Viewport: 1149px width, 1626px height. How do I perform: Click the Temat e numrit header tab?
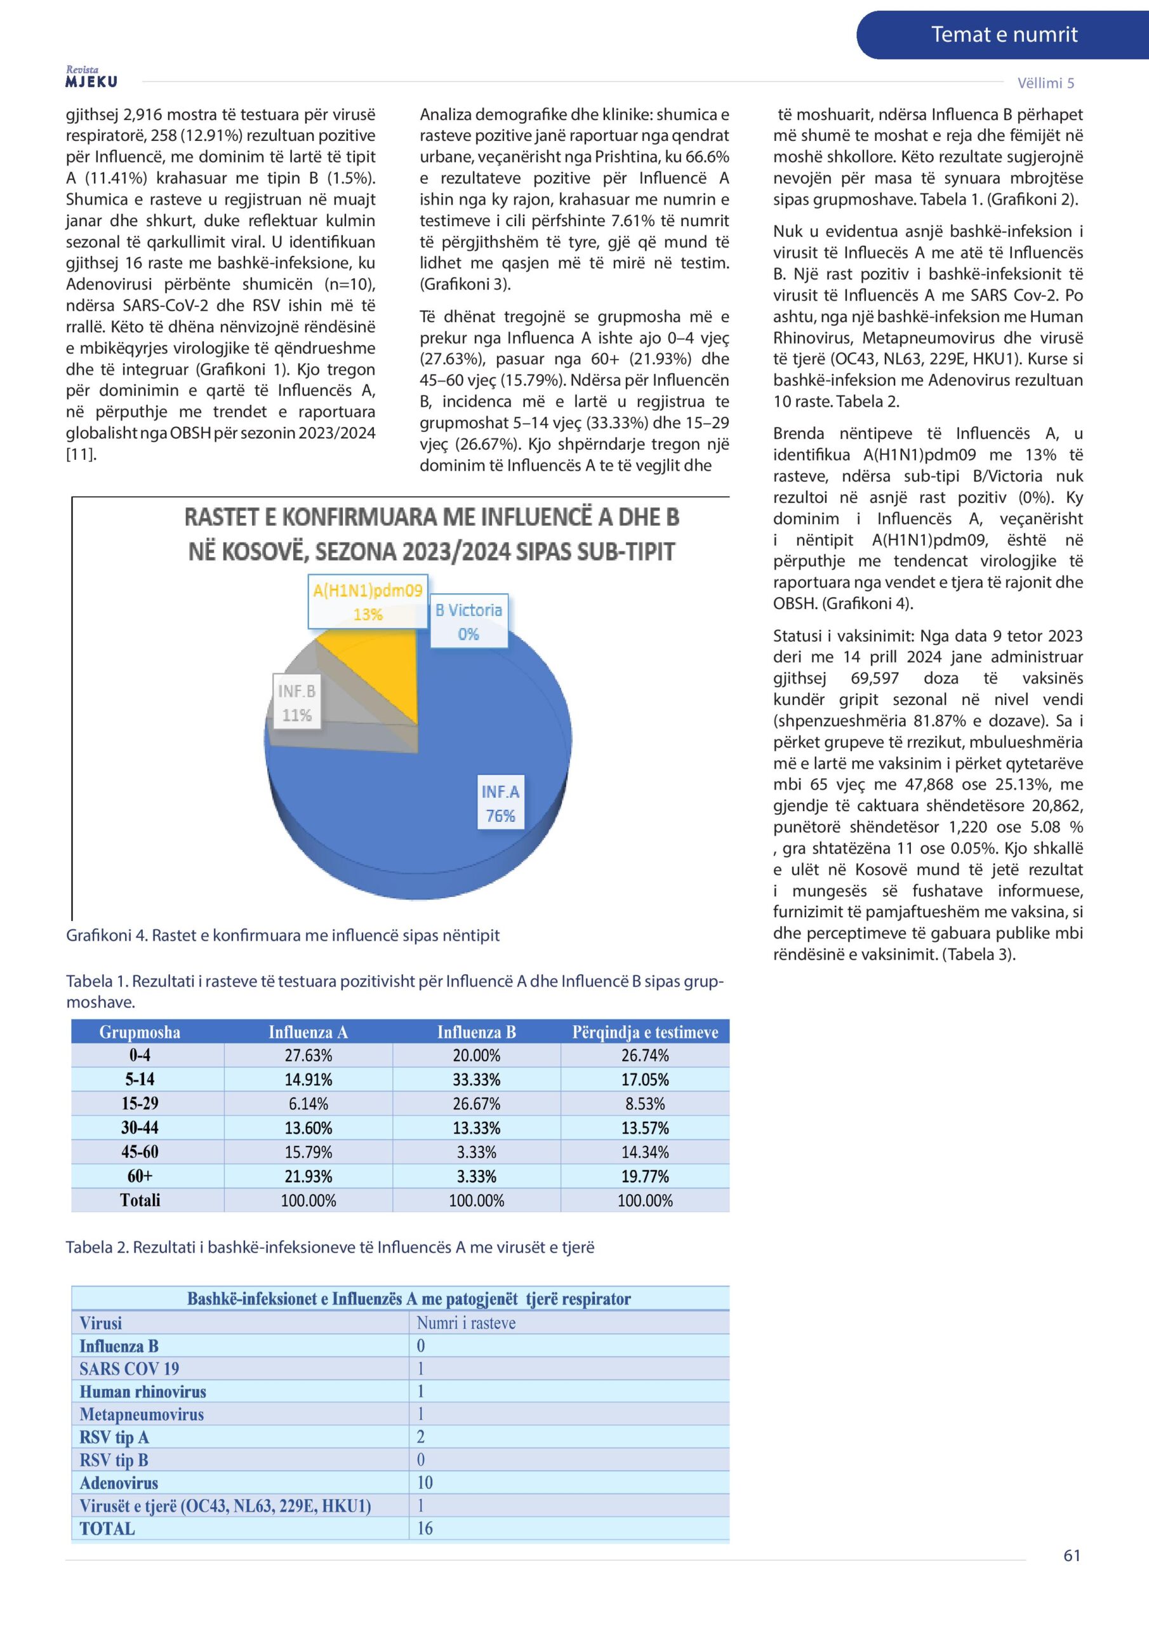pos(1003,35)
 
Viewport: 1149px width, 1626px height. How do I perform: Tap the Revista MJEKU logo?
pos(91,77)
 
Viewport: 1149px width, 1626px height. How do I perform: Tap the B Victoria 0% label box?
pos(468,621)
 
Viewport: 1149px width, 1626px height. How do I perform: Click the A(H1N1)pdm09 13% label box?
pos(368,601)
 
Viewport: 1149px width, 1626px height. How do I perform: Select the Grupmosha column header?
pos(140,1032)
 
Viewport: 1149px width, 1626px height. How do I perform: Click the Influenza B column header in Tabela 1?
pos(477,1032)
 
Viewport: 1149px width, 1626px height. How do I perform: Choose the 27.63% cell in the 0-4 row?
pos(308,1055)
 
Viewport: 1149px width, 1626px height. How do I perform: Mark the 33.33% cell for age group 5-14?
pos(477,1079)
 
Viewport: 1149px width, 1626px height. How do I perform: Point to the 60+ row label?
pos(140,1176)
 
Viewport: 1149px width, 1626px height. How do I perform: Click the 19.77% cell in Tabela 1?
pos(644,1176)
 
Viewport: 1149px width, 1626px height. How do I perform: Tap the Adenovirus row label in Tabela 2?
pos(119,1482)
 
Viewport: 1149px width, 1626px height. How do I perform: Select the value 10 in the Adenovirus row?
pos(425,1482)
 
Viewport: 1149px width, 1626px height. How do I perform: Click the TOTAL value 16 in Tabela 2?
pos(425,1528)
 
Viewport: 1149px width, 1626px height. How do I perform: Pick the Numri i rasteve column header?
pos(466,1323)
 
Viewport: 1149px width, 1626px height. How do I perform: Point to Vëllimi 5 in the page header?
pos(1045,83)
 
